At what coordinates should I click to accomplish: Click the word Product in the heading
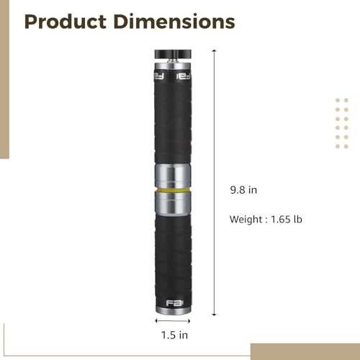[x=66, y=22]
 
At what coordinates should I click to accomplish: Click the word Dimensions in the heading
[x=174, y=22]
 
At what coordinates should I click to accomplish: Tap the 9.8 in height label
[x=243, y=190]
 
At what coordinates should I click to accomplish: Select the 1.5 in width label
[x=174, y=335]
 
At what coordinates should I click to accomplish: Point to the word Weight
[x=246, y=220]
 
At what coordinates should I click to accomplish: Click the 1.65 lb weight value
[x=287, y=220]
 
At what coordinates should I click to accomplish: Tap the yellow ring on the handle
[x=173, y=190]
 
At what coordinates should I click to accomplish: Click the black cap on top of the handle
[x=173, y=54]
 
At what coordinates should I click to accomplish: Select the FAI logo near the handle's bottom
[x=174, y=303]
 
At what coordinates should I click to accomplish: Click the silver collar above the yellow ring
[x=173, y=176]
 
